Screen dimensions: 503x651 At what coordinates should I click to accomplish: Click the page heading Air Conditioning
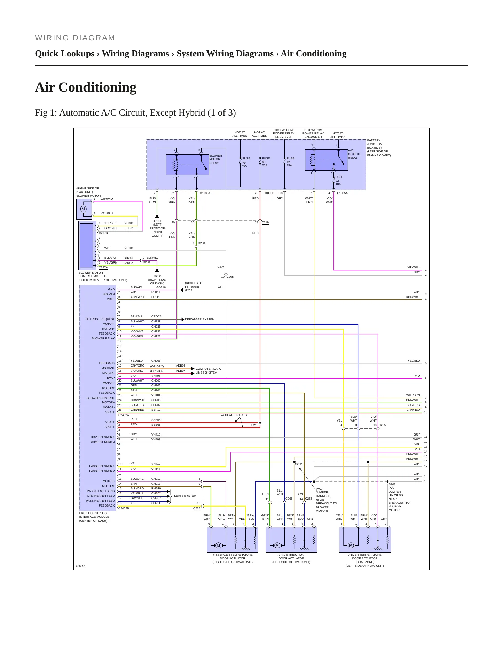(86, 87)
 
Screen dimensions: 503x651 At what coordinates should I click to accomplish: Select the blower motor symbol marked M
(83, 209)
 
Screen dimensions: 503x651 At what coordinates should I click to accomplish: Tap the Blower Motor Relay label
(215, 159)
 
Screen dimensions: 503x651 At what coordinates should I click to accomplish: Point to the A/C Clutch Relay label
(354, 154)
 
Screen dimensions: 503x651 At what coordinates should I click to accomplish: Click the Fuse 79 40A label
(246, 162)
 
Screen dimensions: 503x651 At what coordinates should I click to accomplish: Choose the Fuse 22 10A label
(339, 180)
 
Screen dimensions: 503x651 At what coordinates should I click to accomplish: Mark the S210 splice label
(255, 425)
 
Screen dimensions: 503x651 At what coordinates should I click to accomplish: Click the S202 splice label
(298, 464)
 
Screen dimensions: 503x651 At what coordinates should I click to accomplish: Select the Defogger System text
(200, 319)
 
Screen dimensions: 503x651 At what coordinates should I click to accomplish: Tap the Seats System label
(185, 496)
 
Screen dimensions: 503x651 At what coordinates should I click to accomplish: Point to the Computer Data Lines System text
(208, 370)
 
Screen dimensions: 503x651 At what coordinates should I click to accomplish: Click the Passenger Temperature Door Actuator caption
(233, 558)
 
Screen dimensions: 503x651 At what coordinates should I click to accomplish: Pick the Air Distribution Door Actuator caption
(291, 558)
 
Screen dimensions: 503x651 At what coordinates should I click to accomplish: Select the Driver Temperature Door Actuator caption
(364, 560)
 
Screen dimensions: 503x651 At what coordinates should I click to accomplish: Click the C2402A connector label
(124, 415)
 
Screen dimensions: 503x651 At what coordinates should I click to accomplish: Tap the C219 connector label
(265, 222)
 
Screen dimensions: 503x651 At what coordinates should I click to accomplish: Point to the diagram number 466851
(81, 566)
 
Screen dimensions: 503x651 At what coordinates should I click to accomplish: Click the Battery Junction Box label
(379, 148)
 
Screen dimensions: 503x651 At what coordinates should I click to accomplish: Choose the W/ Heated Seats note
(234, 415)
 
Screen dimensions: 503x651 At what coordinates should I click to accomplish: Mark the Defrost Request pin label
(100, 319)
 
